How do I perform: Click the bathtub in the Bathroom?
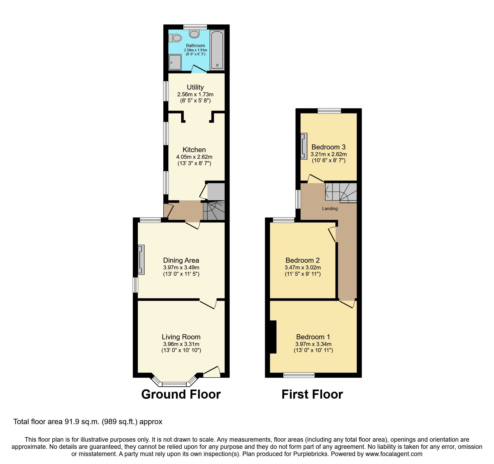(217, 50)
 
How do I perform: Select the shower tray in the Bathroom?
(175, 62)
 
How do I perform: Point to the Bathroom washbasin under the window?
(194, 34)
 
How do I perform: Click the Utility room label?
(195, 87)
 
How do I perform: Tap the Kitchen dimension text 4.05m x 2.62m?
(194, 157)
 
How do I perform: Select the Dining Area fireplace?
(141, 260)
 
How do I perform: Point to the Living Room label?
(181, 337)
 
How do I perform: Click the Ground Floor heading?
(181, 394)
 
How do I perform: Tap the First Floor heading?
(312, 394)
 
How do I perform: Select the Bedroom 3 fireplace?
(304, 146)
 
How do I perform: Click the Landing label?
(330, 209)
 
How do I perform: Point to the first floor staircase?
(341, 192)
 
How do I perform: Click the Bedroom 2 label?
(303, 260)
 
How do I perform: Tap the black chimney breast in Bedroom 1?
(273, 337)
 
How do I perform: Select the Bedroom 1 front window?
(299, 375)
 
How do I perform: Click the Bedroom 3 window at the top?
(329, 111)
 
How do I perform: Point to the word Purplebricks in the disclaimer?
(310, 454)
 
